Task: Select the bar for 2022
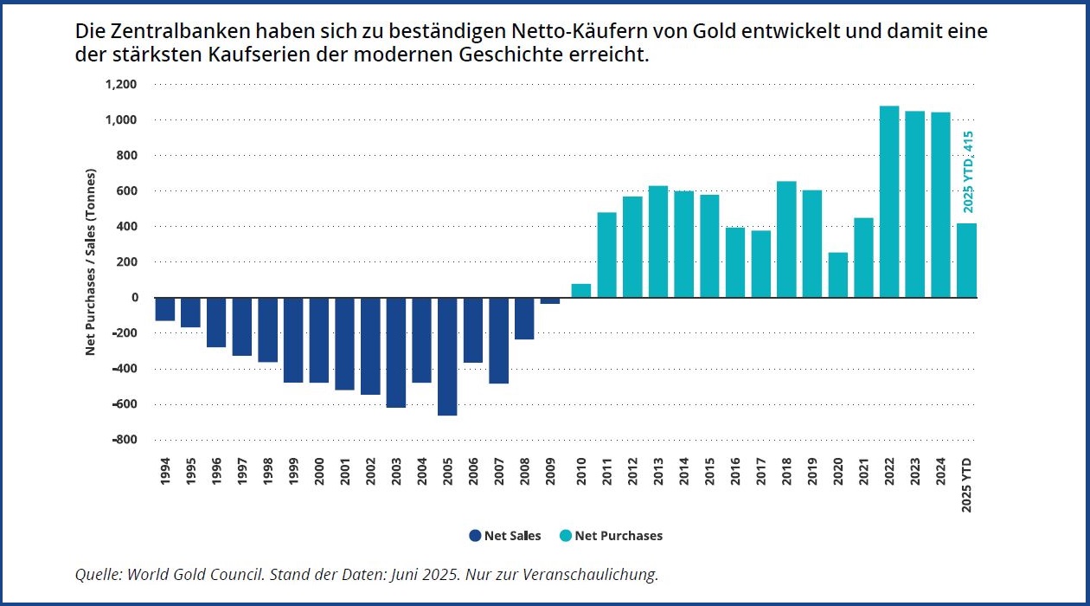[x=889, y=202]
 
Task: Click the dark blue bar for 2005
[x=447, y=356]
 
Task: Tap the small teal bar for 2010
[x=581, y=291]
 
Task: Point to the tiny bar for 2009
[x=550, y=300]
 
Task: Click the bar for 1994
[x=165, y=309]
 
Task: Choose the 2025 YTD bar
[x=966, y=261]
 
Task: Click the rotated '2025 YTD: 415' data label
[x=968, y=171]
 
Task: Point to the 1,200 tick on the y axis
[x=122, y=84]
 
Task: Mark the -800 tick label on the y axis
[x=124, y=440]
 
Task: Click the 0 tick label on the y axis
[x=134, y=298]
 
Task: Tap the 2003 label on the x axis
[x=396, y=472]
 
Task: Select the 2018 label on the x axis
[x=786, y=472]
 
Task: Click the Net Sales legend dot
[x=475, y=536]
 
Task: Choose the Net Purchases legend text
[x=619, y=536]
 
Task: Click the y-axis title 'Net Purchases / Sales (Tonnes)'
[x=90, y=261]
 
